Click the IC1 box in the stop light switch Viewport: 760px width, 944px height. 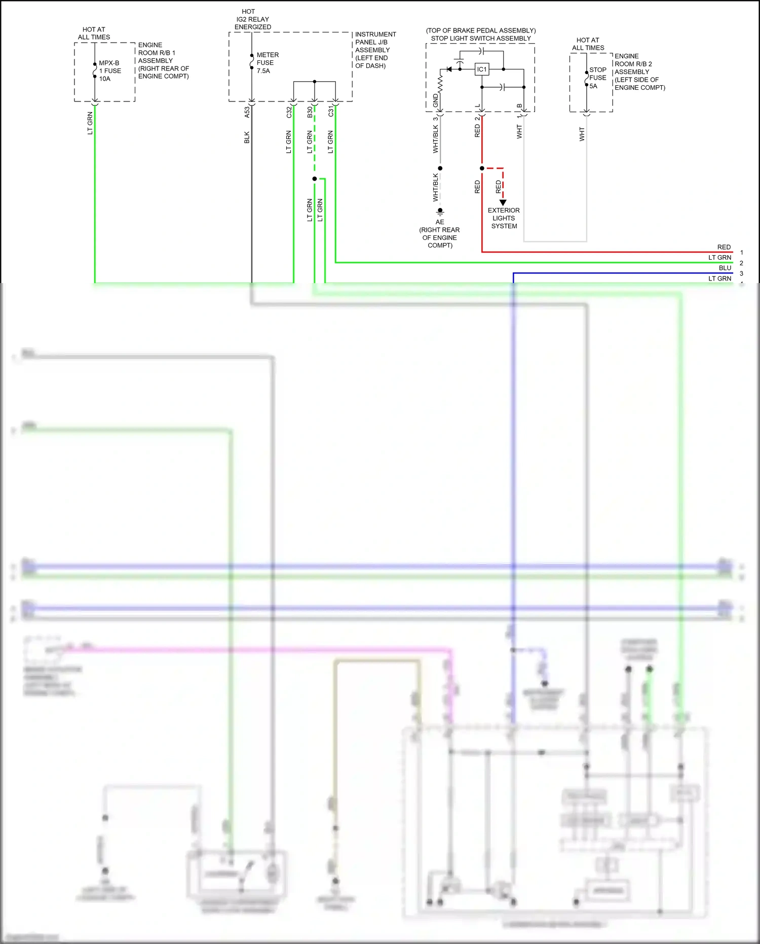(482, 69)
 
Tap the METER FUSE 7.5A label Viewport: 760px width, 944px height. (267, 63)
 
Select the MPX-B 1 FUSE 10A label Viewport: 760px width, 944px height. (110, 71)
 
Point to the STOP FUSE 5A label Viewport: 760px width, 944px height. (597, 78)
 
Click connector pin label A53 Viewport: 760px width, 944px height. (247, 112)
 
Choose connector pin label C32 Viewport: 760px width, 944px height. (289, 112)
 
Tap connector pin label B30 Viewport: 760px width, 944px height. (310, 112)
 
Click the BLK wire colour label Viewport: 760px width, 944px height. (247, 137)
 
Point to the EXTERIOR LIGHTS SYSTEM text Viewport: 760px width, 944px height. (504, 218)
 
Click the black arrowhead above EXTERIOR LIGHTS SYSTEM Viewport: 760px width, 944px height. (503, 202)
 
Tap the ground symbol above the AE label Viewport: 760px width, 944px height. (440, 211)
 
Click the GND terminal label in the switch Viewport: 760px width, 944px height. (436, 100)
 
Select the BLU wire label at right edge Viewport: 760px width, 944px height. (725, 268)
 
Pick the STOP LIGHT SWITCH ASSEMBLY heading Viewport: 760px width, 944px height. (481, 39)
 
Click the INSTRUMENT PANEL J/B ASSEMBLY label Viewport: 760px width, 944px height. (375, 50)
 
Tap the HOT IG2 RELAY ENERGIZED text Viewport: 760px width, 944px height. (252, 19)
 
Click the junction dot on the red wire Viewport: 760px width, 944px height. (482, 168)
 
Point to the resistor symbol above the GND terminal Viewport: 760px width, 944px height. (440, 84)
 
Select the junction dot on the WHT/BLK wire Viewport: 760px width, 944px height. (440, 168)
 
